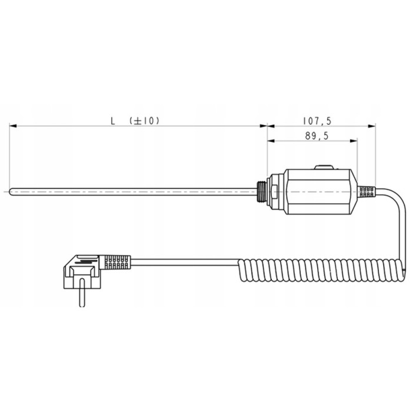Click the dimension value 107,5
point(317,121)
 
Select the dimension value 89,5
point(317,136)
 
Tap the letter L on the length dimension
point(112,121)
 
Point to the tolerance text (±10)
point(144,121)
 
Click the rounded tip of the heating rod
point(11,191)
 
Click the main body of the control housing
point(321,191)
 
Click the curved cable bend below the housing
point(400,224)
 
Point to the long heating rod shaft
point(135,191)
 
